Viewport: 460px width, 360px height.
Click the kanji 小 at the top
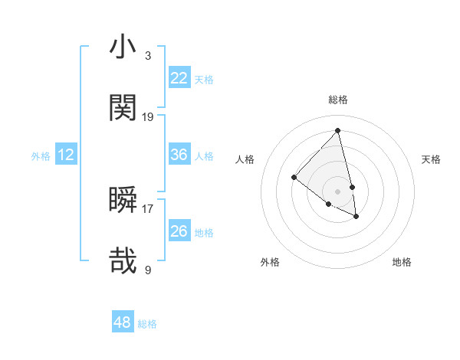[123, 47]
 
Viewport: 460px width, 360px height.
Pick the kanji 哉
[123, 260]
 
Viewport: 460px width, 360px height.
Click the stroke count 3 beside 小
[147, 56]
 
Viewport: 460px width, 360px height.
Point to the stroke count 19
[148, 117]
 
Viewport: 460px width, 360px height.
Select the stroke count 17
[148, 208]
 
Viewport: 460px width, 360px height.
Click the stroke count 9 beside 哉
[148, 269]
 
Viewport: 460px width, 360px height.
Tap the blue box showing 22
[179, 78]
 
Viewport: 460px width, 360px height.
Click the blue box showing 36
[179, 155]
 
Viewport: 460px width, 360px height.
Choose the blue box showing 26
[179, 231]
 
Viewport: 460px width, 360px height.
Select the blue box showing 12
[66, 155]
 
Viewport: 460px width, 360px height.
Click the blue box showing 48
[122, 322]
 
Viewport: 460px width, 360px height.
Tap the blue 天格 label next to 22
[204, 80]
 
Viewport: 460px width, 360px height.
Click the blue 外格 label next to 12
[41, 156]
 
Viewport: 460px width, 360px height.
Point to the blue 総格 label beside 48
[147, 324]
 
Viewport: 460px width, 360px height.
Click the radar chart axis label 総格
[337, 100]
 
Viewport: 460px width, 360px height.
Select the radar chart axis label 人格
[245, 159]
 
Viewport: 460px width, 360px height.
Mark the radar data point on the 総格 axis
[337, 131]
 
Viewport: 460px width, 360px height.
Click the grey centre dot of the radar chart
[337, 191]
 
